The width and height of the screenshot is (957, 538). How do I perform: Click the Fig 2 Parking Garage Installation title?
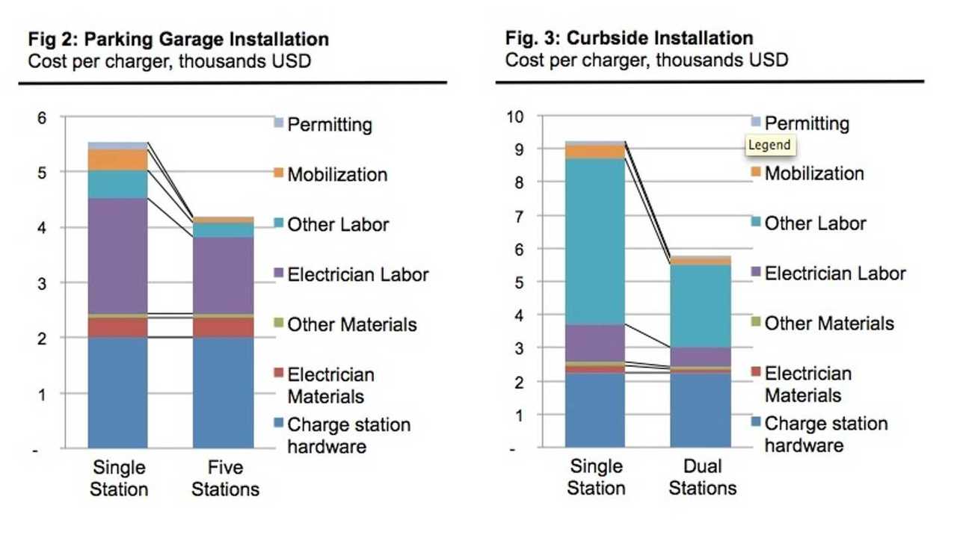[178, 40]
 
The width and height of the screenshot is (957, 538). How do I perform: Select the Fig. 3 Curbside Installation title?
[629, 37]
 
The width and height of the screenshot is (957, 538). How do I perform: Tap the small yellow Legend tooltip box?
[769, 145]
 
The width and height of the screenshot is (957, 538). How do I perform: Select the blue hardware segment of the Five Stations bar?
[223, 392]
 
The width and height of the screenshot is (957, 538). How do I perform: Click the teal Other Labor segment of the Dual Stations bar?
[700, 306]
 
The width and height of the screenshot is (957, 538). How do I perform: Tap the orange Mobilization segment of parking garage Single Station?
[117, 159]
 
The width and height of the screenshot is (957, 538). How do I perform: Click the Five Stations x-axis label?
[224, 478]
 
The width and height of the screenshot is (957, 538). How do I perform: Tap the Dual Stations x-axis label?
[702, 477]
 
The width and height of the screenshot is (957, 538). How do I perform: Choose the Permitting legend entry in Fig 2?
[329, 123]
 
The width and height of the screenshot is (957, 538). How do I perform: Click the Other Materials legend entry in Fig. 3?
[828, 323]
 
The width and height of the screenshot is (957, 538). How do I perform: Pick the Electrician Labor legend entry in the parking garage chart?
[357, 274]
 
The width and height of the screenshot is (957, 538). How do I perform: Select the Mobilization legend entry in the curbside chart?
[813, 173]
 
